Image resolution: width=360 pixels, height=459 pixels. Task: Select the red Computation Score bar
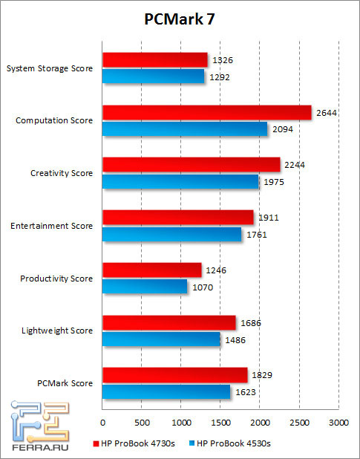tap(206, 112)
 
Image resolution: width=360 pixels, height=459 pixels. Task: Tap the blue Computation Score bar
tap(185, 129)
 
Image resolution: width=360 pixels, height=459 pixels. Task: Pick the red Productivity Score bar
tap(151, 270)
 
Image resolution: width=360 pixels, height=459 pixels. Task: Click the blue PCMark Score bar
tap(166, 391)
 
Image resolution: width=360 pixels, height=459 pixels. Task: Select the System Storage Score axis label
tap(50, 68)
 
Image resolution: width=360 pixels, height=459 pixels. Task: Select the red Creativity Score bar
tap(191, 164)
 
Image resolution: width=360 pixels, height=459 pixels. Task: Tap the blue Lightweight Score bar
tap(161, 339)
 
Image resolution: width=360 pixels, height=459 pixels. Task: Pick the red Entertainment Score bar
tap(177, 217)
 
